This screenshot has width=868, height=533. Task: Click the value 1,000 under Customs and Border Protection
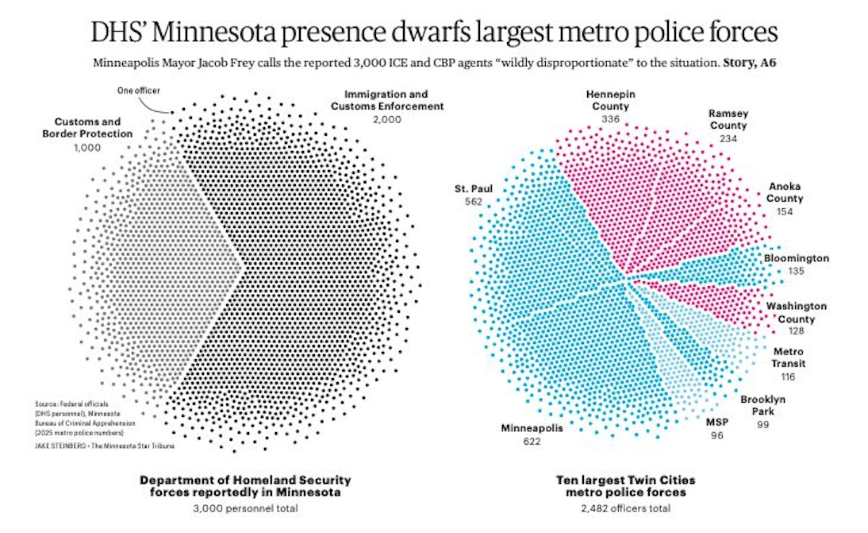click(87, 148)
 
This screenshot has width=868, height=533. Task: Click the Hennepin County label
click(609, 99)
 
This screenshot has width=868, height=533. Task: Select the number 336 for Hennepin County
click(609, 118)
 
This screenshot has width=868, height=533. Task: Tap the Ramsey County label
click(728, 119)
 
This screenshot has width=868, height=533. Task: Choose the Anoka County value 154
click(785, 212)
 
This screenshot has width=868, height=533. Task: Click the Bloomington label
click(797, 258)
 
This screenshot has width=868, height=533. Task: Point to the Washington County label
click(796, 311)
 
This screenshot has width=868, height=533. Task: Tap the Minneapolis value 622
click(531, 441)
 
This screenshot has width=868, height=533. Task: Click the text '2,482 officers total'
click(624, 508)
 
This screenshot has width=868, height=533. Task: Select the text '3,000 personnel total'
click(246, 508)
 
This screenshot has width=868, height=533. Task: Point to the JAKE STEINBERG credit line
click(103, 445)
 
